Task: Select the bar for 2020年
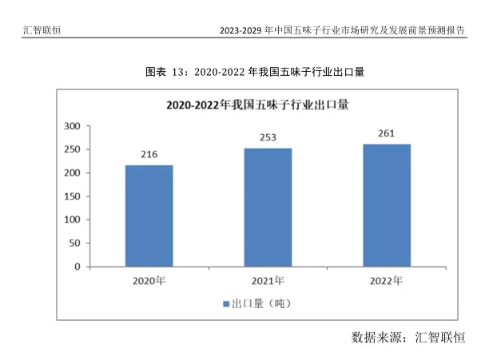coord(149,216)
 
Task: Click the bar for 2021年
coord(268,208)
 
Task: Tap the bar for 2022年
coord(387,205)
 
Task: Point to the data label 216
coord(149,155)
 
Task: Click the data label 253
coord(268,137)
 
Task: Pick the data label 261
coord(387,133)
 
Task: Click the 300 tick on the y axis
coord(71,126)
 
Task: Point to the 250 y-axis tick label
coord(71,149)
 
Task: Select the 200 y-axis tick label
coord(71,173)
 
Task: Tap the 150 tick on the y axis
coord(71,196)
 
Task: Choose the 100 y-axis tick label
coord(71,220)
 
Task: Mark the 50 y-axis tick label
coord(74,243)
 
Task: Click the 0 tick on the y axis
coord(77,267)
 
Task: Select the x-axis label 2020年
coord(149,281)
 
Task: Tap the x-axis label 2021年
coord(268,281)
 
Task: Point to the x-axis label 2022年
coord(387,281)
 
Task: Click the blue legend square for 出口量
coord(227,304)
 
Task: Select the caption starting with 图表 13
coord(254,72)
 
